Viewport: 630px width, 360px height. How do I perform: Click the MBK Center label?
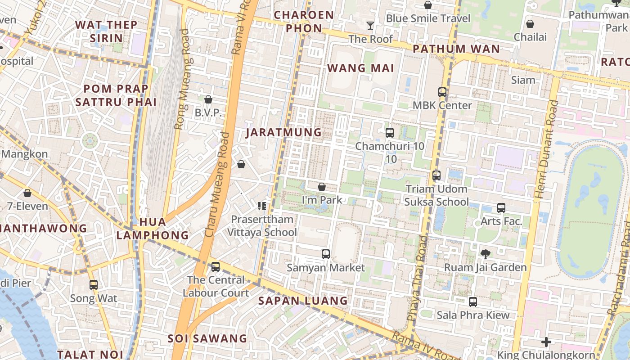tap(442, 105)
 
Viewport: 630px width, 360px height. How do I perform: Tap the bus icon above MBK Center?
tap(442, 92)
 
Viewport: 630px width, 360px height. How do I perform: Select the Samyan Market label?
tap(326, 268)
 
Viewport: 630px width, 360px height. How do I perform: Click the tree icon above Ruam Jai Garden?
tap(485, 254)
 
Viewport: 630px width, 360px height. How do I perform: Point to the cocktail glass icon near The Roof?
tap(370, 26)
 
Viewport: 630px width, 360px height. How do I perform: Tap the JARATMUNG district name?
tap(283, 132)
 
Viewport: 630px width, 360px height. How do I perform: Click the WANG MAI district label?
tap(360, 68)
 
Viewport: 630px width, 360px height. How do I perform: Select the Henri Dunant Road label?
tap(546, 149)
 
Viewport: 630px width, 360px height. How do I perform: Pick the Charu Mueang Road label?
tap(217, 184)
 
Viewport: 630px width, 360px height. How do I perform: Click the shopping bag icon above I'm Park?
tap(322, 186)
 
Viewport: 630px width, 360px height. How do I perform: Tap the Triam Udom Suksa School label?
tap(436, 195)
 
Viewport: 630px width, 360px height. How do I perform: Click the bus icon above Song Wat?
tap(94, 285)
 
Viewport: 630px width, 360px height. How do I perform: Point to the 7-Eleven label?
tap(27, 206)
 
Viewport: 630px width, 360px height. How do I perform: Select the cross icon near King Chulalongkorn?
tap(546, 342)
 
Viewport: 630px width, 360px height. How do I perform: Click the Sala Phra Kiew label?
tap(473, 315)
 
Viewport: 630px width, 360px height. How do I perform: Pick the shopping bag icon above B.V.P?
tap(208, 99)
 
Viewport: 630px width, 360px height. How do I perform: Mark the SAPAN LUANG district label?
tap(303, 301)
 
